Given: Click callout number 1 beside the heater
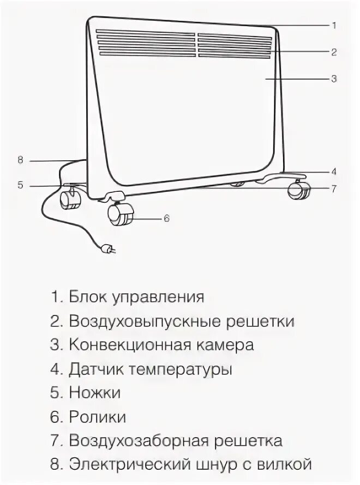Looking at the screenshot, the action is pos(334,25).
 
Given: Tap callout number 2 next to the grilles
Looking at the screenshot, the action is pos(334,52).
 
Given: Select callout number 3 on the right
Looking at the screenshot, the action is pos(334,79).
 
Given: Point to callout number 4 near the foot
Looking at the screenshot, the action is pos(334,171).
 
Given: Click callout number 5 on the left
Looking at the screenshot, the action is pos(20,185).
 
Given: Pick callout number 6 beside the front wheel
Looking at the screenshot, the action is pos(167,218).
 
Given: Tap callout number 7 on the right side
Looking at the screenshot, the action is pos(334,189).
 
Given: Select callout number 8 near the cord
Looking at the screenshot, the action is pos(20,160).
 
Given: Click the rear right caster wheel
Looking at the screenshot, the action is pos(298,190).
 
